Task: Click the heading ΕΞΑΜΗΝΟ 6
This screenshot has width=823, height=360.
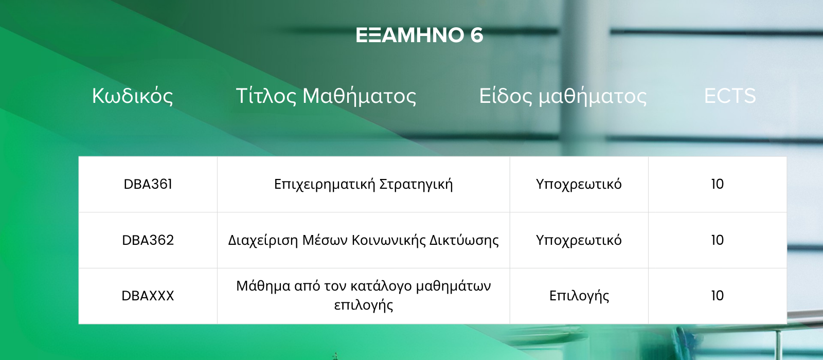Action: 419,35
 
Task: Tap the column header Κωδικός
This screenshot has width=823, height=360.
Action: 132,96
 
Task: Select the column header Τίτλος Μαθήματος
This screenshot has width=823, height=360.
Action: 326,96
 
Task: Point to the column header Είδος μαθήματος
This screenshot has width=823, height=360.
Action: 563,96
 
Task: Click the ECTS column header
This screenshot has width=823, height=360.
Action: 730,96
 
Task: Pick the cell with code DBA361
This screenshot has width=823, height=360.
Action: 148,184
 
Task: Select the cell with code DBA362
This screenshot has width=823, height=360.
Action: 148,240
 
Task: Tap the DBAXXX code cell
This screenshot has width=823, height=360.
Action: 148,296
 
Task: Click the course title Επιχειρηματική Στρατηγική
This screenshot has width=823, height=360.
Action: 363,185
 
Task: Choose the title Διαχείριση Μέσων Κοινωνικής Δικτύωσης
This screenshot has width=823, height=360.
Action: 363,241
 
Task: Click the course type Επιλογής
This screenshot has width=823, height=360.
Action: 579,296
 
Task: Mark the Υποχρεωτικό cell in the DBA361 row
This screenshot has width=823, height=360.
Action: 579,185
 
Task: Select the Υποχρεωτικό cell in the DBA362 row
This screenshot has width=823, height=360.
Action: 579,241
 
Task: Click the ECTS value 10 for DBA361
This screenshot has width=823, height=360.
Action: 717,184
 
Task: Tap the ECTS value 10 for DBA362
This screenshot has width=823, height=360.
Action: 717,240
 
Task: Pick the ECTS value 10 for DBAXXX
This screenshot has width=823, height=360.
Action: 717,296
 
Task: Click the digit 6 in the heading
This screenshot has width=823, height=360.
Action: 476,35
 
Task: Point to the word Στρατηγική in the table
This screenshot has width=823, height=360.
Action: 416,185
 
